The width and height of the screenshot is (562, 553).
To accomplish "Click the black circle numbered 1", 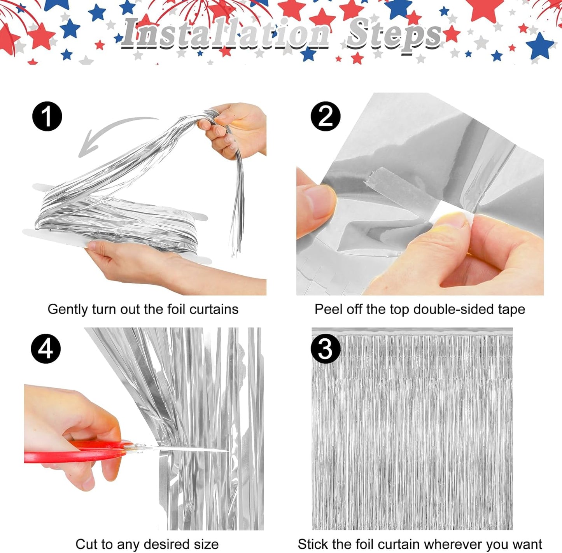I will tap(47, 116).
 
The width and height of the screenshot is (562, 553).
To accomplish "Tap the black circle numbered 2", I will tap(326, 116).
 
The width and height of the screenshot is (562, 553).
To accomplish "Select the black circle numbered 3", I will tap(326, 348).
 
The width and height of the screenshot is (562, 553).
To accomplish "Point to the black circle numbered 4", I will tap(46, 348).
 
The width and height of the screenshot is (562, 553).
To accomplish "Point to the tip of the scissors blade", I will tap(227, 451).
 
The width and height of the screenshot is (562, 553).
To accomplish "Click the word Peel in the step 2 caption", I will tap(326, 310).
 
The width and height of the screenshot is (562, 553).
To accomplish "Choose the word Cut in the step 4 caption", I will tap(85, 544).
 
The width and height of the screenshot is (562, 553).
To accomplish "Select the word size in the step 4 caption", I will tap(206, 544).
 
